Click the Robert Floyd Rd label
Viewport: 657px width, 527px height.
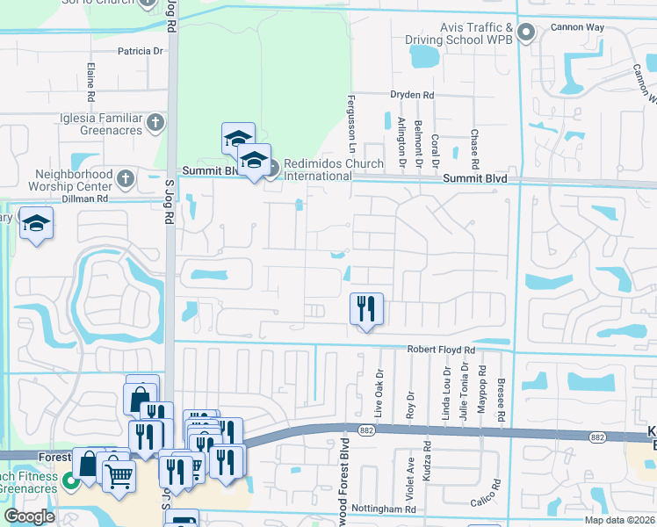tap(441, 350)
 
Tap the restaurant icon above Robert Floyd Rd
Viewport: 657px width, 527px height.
tap(366, 308)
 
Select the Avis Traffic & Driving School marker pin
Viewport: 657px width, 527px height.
tap(526, 34)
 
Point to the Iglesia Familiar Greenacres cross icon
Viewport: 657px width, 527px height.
tap(155, 122)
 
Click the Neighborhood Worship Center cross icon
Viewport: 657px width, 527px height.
tap(126, 179)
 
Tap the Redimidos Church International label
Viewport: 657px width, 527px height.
tap(332, 170)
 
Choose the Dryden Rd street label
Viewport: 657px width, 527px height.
tap(413, 95)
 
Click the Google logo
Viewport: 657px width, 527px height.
tap(29, 516)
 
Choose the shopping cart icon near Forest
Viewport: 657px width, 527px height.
tap(119, 475)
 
